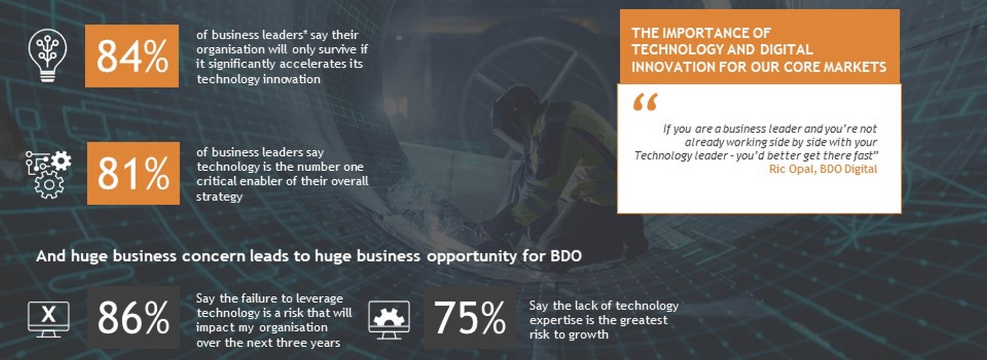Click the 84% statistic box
pos(132,56)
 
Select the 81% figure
pos(133,173)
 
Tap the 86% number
pos(133,318)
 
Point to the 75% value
pos(470,318)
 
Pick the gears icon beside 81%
pos(48,174)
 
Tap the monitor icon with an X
pos(48,319)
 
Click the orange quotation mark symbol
pos(645,102)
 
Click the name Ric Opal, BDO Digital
pos(823,169)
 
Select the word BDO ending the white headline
pos(566,256)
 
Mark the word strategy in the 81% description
pos(219,197)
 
